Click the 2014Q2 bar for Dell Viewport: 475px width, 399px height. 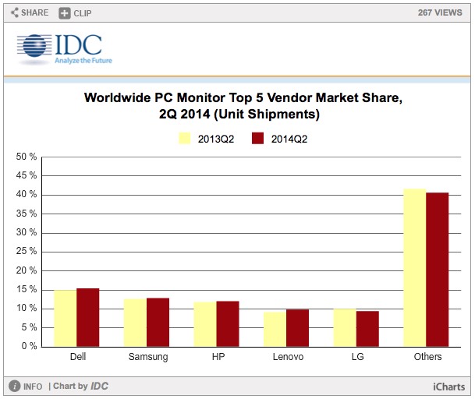point(87,317)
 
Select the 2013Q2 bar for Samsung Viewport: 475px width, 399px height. point(135,322)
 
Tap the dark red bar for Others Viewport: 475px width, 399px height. point(438,269)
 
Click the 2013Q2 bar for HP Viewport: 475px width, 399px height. point(205,323)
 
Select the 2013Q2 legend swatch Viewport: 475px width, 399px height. point(186,139)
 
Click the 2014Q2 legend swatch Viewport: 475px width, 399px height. point(258,139)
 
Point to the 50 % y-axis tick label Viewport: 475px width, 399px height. point(27,157)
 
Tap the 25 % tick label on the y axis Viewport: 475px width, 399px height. point(27,251)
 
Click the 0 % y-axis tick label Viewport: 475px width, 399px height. point(29,346)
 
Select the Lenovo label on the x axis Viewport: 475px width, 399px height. point(286,357)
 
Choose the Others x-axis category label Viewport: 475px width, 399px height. point(426,357)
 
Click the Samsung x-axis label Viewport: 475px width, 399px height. point(146,357)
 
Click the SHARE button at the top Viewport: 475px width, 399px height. point(30,12)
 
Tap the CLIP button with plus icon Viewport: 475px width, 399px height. point(76,12)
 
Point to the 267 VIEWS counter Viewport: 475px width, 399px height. point(441,12)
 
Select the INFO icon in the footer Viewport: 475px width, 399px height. point(15,386)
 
